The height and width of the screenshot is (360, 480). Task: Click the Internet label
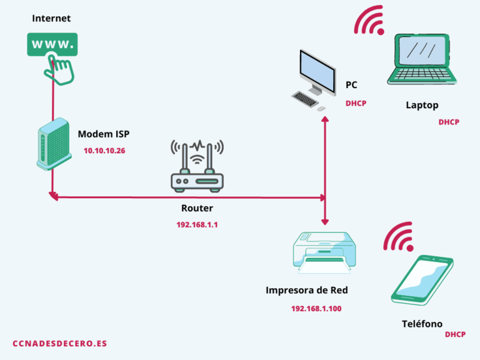(51, 18)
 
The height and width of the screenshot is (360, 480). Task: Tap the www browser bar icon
(52, 45)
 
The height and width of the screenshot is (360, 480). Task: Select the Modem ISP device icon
(51, 144)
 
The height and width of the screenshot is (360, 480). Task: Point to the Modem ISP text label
(104, 134)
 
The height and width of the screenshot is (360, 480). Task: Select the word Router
(197, 208)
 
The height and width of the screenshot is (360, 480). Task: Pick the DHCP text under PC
(356, 104)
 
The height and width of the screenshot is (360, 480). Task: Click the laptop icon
(422, 61)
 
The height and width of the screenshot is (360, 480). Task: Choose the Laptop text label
(422, 105)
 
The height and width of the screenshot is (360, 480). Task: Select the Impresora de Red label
(307, 290)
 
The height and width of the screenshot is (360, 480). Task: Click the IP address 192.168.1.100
(316, 309)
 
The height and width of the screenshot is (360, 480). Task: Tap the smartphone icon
(421, 280)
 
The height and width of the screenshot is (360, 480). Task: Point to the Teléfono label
(422, 324)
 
